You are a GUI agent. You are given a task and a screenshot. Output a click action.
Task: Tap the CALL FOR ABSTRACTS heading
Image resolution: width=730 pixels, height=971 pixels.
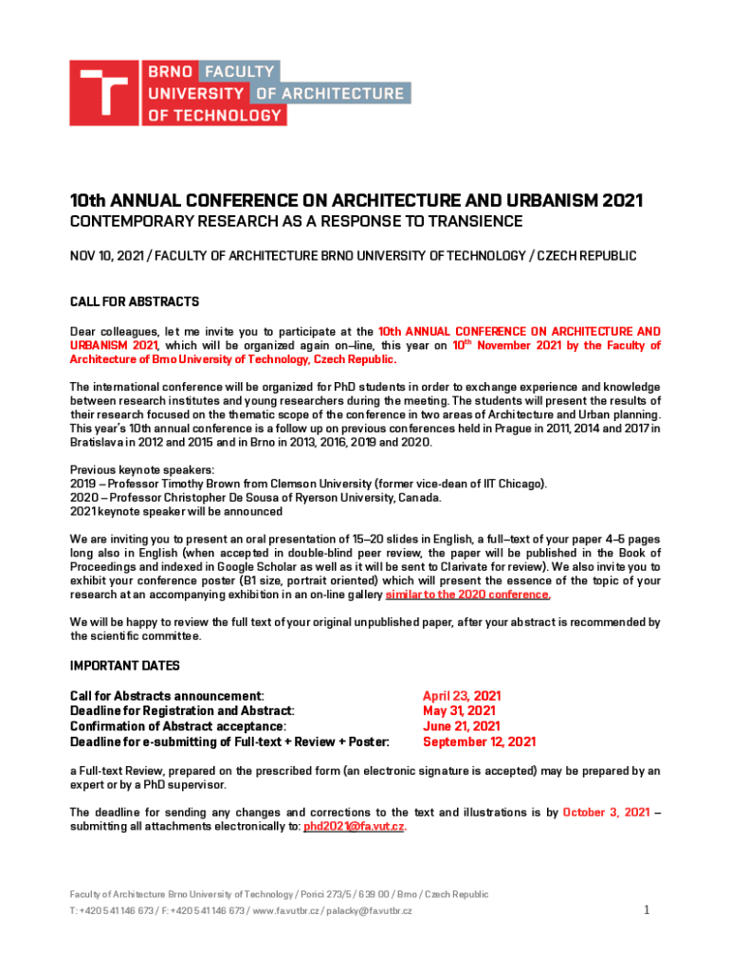(x=135, y=302)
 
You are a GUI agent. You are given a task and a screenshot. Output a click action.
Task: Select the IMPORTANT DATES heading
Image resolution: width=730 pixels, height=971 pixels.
(x=125, y=666)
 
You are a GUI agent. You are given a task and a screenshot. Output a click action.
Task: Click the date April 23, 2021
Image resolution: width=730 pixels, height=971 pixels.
(x=462, y=695)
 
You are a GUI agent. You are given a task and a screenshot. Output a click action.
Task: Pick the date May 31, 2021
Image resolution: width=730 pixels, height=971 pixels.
(x=459, y=710)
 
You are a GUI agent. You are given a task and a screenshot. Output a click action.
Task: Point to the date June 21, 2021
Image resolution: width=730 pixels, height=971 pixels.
(x=461, y=726)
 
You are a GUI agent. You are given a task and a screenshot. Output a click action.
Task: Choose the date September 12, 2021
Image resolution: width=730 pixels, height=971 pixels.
(x=479, y=742)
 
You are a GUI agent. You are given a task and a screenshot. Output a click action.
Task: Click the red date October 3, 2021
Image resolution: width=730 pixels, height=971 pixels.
(x=606, y=812)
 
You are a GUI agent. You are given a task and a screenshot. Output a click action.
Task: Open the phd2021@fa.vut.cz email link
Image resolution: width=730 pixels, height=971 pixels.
(x=354, y=827)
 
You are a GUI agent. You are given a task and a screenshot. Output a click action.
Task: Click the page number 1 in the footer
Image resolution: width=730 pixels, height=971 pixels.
(x=646, y=910)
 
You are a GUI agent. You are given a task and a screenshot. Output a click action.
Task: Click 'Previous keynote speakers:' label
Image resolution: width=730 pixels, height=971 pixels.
(x=142, y=469)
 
